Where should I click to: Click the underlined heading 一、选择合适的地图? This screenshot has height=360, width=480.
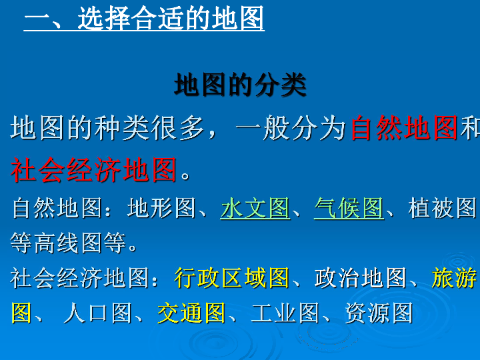coord(144,19)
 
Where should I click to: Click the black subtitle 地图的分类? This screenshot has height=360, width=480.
coord(240,85)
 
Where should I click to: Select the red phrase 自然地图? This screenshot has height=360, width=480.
coord(404,128)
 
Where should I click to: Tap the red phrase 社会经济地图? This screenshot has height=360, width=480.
coord(94,169)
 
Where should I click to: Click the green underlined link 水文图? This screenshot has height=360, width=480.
coord(255,208)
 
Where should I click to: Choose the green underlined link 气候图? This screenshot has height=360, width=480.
coord(349,208)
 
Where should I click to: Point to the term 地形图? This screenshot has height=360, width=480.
coord(161,208)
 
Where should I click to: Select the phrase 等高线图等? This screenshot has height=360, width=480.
coord(68,243)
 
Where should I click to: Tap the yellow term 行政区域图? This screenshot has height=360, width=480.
coord(232,278)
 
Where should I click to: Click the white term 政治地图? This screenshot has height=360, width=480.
coord(360,278)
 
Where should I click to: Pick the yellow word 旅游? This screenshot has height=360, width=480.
coord(454,278)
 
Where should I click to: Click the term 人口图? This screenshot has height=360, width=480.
coord(97,313)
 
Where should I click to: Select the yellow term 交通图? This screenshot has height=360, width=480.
coord(191,313)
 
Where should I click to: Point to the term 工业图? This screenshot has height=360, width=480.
coord(285,313)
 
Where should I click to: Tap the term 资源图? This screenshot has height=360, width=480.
coord(379,313)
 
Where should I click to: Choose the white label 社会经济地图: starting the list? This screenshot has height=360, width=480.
coord(84,278)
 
